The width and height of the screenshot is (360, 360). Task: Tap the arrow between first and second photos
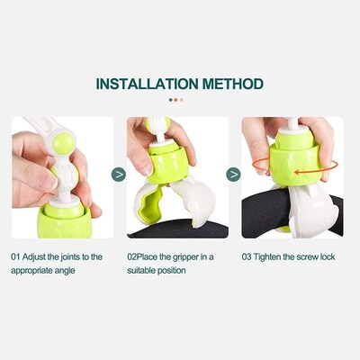(x=118, y=175)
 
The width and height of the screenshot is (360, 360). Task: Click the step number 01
(x=15, y=256)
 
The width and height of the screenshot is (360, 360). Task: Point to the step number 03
(x=247, y=256)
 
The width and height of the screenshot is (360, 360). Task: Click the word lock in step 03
(x=326, y=256)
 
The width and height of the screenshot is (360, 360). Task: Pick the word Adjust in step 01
(x=36, y=256)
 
